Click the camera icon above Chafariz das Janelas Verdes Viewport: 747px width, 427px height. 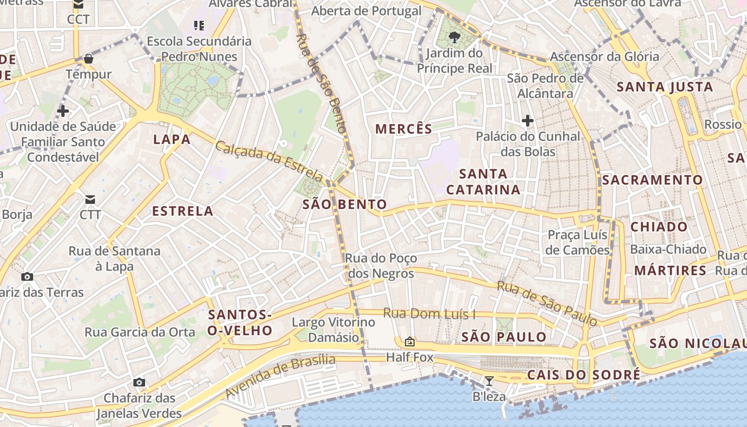pos(139,382)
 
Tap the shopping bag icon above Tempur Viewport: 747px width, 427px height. pos(89,58)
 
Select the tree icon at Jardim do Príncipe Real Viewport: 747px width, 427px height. pos(455,37)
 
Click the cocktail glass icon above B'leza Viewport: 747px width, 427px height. pos(489,381)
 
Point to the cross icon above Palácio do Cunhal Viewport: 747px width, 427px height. pos(528,121)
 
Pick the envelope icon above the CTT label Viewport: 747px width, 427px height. pos(90,199)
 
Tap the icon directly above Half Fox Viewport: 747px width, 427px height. pos(410,341)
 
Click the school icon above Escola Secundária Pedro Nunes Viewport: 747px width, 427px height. pos(199,25)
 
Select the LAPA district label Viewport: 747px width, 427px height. pos(172,140)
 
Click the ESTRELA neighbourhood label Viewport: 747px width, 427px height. pos(183,211)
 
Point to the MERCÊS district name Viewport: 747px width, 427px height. pos(404,129)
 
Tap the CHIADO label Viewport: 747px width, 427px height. pos(659,227)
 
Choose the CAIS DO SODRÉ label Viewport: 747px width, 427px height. pos(584,375)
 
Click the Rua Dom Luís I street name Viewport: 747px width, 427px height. pos(429,314)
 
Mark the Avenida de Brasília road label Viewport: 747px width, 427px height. pos(280,377)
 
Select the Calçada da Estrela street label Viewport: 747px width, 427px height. pos(269,161)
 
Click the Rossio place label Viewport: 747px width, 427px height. pos(723,124)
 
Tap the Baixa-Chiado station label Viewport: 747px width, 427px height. pos(668,249)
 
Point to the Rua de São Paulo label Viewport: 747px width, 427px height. pos(547,303)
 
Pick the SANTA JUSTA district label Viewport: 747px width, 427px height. pos(665,86)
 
